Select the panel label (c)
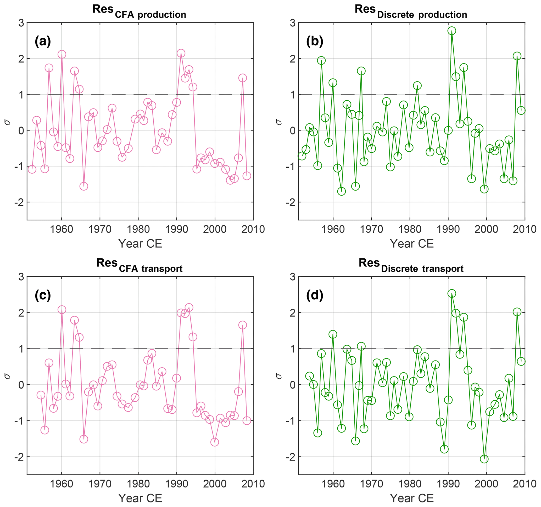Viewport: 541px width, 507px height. tap(43, 296)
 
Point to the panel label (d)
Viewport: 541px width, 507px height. tap(315, 296)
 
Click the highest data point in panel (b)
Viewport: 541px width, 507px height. tap(452, 31)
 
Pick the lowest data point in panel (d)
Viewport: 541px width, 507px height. tap(484, 459)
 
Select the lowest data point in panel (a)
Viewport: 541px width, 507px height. tap(83, 186)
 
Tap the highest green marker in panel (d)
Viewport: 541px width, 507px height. tap(452, 294)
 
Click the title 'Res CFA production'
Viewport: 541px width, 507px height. tap(139, 12)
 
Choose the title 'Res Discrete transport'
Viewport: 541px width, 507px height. tap(411, 266)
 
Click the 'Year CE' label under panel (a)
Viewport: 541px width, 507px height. tap(140, 244)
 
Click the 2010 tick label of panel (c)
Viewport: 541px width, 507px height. tap(253, 484)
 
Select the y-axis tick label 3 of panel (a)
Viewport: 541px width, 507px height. tap(21, 23)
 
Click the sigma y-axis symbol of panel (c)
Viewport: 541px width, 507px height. tap(7, 376)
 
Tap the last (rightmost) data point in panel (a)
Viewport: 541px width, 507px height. tap(247, 176)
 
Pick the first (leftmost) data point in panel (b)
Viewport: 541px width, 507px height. tap(302, 156)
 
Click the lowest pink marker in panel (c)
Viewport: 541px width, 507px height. tap(215, 442)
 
